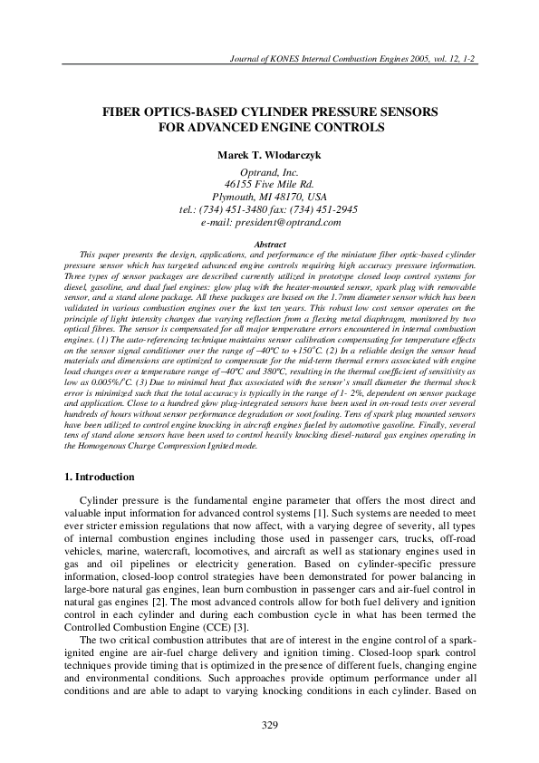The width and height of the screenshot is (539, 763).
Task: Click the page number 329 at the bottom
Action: coord(269,724)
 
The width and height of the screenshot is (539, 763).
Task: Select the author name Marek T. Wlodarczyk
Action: coord(269,155)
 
